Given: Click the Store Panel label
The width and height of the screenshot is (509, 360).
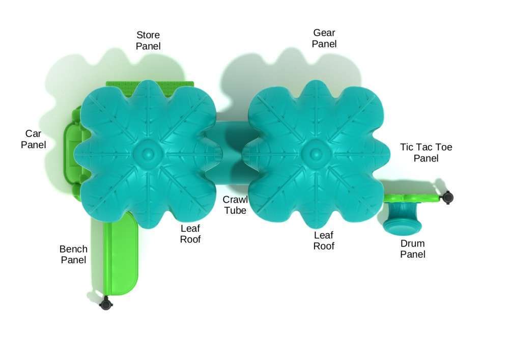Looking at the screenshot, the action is (148, 41).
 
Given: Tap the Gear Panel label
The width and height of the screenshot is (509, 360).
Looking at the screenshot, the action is (324, 38).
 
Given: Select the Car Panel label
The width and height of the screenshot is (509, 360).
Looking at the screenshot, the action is (33, 139).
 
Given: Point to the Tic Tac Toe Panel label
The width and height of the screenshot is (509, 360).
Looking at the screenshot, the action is (426, 153).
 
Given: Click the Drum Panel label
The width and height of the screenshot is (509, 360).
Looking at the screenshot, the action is (413, 248).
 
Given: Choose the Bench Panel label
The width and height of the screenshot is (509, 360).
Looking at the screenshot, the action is (73, 255).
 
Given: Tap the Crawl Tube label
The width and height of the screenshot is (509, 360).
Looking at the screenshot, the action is (235, 205).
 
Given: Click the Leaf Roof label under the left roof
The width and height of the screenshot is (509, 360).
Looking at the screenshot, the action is (190, 234).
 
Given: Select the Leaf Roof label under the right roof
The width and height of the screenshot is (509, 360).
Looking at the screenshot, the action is (324, 240).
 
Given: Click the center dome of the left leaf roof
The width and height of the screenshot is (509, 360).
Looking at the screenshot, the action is (148, 154).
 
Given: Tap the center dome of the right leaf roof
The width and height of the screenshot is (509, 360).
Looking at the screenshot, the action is (315, 154).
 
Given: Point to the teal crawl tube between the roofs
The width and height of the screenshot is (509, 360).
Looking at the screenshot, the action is (232, 153).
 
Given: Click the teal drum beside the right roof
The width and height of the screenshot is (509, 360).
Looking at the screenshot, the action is (403, 217).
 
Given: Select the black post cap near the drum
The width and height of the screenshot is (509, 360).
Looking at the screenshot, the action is (447, 198).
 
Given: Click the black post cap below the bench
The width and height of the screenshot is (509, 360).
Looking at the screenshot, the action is (105, 304).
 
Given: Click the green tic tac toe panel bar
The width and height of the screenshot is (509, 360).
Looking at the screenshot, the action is (412, 198).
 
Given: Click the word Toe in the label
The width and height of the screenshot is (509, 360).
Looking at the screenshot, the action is (444, 147).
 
